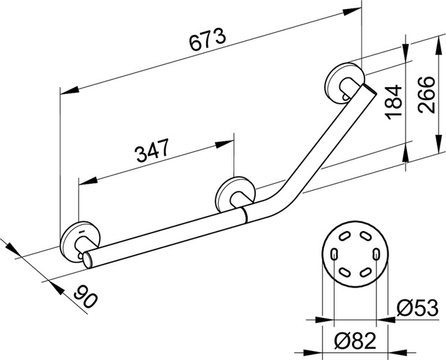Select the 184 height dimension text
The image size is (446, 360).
(393, 103)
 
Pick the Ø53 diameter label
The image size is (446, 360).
(418, 307)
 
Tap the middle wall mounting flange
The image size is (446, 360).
(231, 194)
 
